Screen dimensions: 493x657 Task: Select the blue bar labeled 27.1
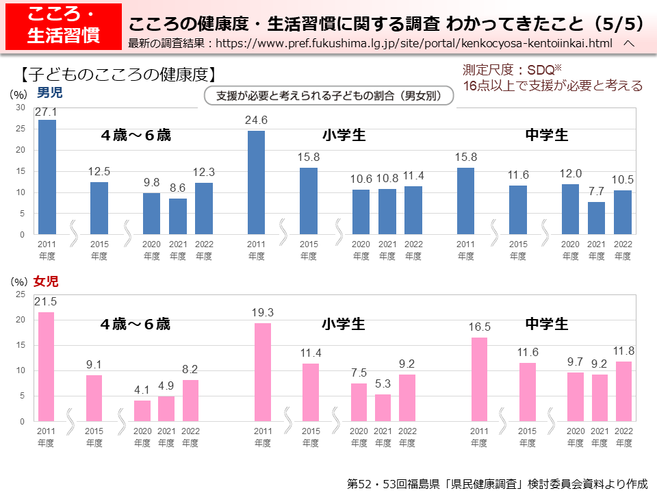(47, 177)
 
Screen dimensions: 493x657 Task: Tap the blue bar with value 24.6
(256, 183)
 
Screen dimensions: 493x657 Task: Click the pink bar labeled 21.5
(46, 366)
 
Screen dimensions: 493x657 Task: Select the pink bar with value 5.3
(383, 407)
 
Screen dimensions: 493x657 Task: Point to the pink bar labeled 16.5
(480, 379)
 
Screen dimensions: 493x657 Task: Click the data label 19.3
(263, 312)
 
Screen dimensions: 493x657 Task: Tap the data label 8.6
(178, 187)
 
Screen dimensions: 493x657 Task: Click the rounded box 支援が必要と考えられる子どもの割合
(329, 96)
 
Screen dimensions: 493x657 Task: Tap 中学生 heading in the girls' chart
(546, 324)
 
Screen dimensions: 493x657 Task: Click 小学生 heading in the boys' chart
(344, 135)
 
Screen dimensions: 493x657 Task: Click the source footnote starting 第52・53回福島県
(498, 483)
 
